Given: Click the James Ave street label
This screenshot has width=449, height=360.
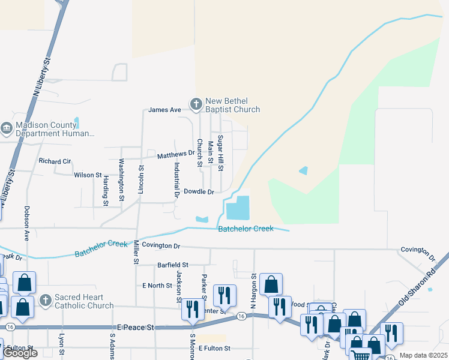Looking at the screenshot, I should pyautogui.click(x=164, y=110).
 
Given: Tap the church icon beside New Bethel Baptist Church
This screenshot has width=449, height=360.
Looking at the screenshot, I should pyautogui.click(x=196, y=104).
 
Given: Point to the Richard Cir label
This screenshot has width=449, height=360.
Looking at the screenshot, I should pyautogui.click(x=55, y=161).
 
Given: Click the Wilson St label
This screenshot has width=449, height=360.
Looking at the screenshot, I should pyautogui.click(x=88, y=175).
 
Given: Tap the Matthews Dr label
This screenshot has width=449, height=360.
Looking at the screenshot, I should pyautogui.click(x=176, y=155).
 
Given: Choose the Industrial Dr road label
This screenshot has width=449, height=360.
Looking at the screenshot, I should pyautogui.click(x=177, y=179).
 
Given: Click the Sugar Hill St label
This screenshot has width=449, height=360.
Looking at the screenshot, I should pyautogui.click(x=220, y=154).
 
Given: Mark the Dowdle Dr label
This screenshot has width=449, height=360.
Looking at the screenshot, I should pyautogui.click(x=199, y=192).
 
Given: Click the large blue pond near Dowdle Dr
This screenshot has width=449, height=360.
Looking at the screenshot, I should pyautogui.click(x=238, y=208).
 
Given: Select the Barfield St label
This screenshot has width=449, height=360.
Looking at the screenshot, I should pyautogui.click(x=173, y=265).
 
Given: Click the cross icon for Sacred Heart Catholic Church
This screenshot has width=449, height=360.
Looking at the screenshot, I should pyautogui.click(x=44, y=299).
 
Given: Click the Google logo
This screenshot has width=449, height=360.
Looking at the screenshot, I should pyautogui.click(x=20, y=353).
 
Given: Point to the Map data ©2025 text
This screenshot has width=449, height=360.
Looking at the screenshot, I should pyautogui.click(x=423, y=355).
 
